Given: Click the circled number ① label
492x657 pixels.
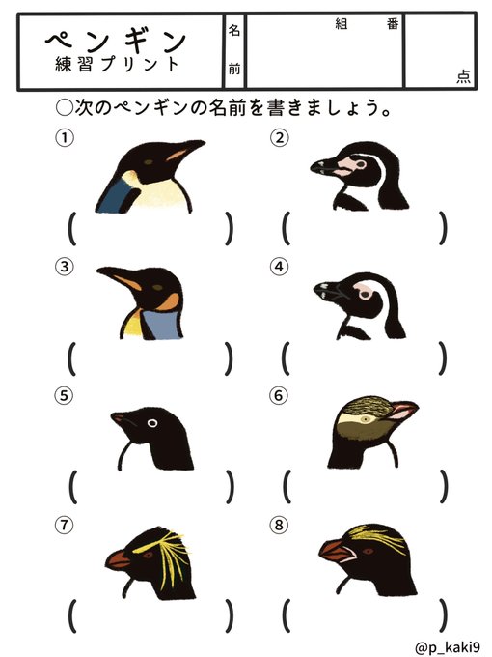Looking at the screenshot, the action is click(x=65, y=138).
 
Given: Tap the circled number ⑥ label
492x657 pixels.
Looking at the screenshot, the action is click(x=279, y=395).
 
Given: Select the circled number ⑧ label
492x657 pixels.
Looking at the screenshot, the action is click(x=279, y=525).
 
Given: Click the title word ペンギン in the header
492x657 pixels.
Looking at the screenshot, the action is click(x=116, y=41).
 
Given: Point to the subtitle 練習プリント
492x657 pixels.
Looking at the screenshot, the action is click(x=117, y=64).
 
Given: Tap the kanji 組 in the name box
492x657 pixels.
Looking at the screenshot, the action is click(x=341, y=24).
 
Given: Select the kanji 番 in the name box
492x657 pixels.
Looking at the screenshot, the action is click(x=393, y=24).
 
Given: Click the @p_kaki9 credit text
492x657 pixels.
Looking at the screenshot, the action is click(x=448, y=646).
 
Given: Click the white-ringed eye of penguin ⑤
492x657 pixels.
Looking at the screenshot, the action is click(x=152, y=423).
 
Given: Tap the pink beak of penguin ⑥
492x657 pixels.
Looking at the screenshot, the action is click(x=401, y=411).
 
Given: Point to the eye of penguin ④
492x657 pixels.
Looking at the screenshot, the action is click(x=365, y=295).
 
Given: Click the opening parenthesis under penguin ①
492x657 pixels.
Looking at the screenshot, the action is click(x=72, y=228).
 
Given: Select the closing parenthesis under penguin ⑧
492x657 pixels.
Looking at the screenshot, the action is click(x=443, y=615).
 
